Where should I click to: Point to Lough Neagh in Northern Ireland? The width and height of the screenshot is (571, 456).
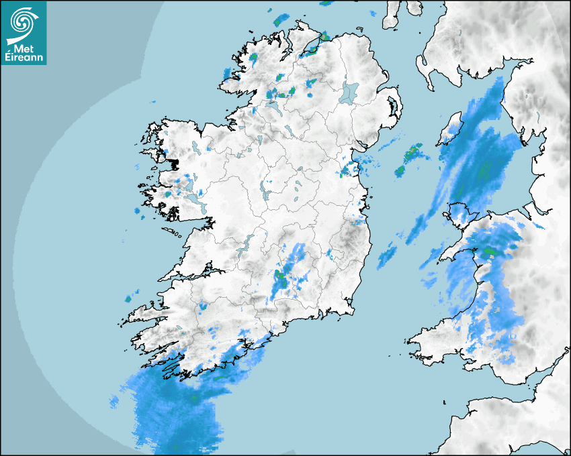(349, 93)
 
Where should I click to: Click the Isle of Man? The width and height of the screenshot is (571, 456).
(449, 132)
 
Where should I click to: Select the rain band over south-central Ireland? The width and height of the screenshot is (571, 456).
(288, 273)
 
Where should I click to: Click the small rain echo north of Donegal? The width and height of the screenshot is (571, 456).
(278, 19)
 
